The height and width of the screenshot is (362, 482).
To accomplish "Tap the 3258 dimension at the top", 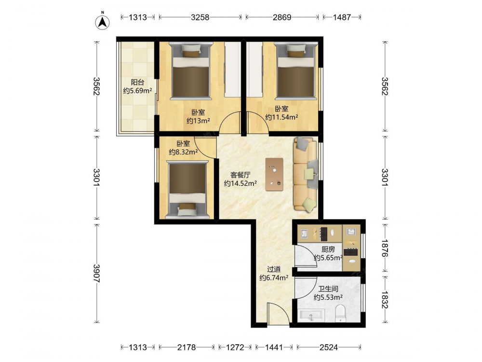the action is tap(200, 17).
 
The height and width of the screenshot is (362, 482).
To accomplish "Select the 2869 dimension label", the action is tap(282, 17).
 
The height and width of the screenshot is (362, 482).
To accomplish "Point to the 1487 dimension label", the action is tap(342, 17).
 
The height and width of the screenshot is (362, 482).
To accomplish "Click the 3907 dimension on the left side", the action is tap(96, 273).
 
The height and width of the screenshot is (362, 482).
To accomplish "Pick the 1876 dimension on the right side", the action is tap(385, 248).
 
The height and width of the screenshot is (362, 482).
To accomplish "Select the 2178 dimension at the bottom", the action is tap(186, 348).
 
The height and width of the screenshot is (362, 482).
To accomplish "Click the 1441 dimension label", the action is tap(274, 348).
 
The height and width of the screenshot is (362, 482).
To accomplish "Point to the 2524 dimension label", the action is tap(328, 348).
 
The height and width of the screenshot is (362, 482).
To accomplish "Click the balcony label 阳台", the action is tap(137, 82).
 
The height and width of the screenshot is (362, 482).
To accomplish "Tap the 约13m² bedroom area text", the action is tap(198, 121).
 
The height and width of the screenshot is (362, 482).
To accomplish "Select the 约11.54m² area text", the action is tap(281, 117).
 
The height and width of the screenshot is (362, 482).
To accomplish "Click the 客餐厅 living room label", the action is tap(241, 175).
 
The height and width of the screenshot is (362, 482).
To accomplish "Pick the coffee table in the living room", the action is tap(275, 174).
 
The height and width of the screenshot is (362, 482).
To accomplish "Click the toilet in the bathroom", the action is tap(340, 313).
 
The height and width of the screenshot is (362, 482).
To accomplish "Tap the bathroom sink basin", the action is tap(311, 316).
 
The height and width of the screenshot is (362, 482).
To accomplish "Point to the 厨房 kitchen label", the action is tap(328, 250).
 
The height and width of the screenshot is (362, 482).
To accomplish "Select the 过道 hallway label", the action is tap(274, 269).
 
